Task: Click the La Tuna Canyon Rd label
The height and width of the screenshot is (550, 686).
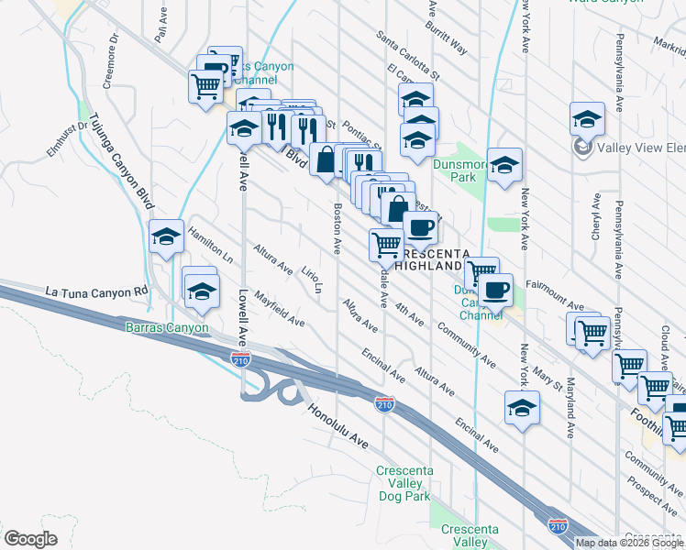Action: pos(96,292)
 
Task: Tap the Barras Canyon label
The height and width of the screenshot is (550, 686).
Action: pos(162,327)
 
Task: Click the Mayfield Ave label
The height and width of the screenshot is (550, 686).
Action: pos(280,310)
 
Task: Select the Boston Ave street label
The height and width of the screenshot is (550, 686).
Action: pos(337,229)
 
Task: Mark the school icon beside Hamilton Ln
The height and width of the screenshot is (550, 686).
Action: pos(166,237)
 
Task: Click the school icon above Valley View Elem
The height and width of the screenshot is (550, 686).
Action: pos(587,119)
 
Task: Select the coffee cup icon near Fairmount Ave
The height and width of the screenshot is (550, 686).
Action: pos(495,290)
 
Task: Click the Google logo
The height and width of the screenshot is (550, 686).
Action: pos(30,539)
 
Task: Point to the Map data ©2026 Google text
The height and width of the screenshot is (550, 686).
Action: pos(628,543)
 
